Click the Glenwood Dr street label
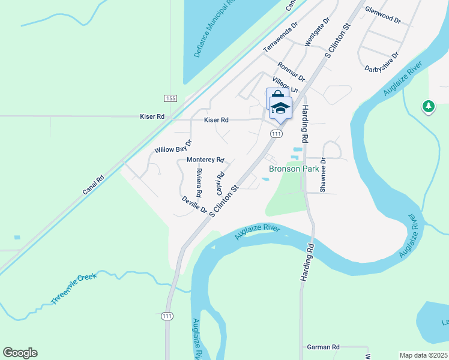382,16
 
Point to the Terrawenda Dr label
280,38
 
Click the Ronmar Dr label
291,71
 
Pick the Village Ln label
285,85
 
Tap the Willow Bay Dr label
173,146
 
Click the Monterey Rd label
205,160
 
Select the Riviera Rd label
199,182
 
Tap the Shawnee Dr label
322,175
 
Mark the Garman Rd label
324,347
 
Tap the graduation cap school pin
280,108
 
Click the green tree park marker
428,107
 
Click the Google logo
20,353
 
